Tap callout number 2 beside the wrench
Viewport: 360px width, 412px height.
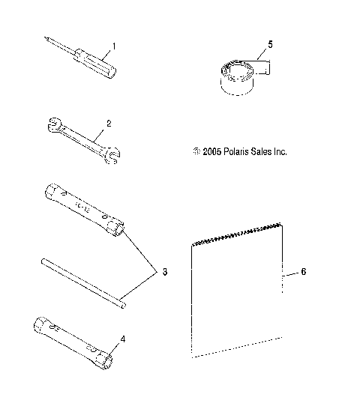pos(109,122)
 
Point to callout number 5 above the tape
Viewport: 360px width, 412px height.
pos(270,44)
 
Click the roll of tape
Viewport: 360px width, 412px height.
pos(238,77)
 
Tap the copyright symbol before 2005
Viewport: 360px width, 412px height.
pos(196,151)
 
